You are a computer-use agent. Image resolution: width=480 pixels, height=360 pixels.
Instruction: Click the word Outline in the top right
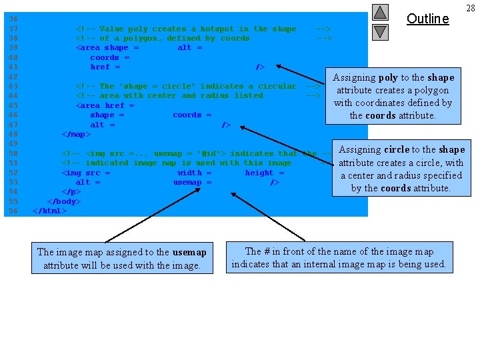427,19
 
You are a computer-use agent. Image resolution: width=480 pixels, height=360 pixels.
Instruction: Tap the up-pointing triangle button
380,12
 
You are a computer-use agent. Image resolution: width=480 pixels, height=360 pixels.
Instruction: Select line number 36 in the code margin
13,19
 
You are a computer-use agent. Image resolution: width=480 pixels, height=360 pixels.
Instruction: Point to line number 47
13,125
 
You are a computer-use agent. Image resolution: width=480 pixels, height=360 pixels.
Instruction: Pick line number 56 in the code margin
13,211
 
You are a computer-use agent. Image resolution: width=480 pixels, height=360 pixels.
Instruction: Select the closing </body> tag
64,201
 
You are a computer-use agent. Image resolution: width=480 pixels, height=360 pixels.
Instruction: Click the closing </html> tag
50,211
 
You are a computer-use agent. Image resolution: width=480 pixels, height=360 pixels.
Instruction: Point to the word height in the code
259,173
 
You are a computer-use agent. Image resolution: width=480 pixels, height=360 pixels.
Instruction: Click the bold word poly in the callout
388,78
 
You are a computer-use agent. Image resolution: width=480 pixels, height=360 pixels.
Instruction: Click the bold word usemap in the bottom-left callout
189,252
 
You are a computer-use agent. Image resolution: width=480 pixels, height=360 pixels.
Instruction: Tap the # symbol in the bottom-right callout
267,251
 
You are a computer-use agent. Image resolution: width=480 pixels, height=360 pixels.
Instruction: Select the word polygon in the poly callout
431,91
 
